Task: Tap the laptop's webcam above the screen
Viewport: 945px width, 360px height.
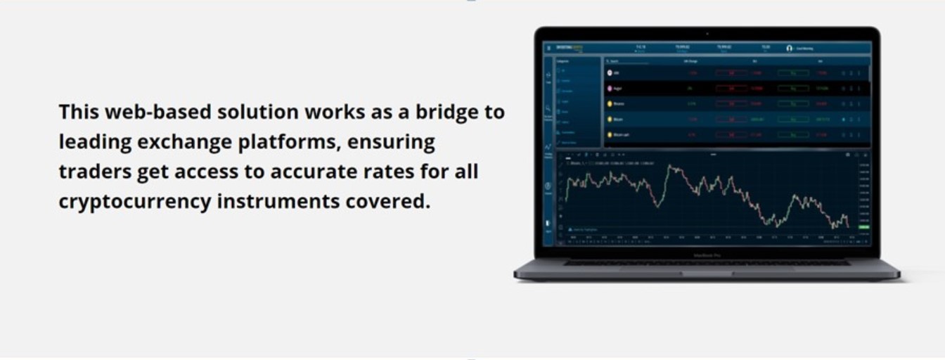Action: pos(707,34)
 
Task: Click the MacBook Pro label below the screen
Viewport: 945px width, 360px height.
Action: pos(707,255)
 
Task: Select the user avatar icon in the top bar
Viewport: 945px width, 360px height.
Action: pos(789,49)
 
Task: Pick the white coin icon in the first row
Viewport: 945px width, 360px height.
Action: pos(610,72)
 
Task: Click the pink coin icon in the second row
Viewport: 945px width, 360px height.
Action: pos(610,89)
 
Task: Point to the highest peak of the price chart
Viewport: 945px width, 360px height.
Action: pos(670,166)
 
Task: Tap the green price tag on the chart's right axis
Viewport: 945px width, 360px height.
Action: pos(863,227)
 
